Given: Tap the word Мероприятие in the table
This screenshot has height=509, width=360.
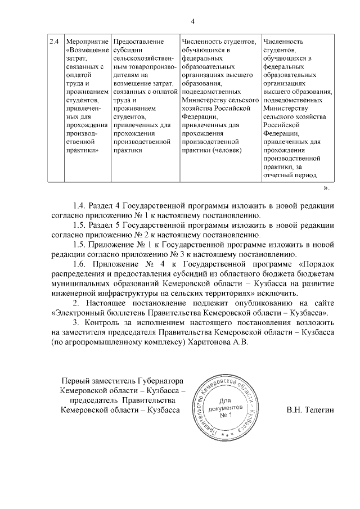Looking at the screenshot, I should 87,42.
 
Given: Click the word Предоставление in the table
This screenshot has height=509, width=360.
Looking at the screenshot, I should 138,42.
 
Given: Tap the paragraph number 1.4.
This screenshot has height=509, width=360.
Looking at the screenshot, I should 81,205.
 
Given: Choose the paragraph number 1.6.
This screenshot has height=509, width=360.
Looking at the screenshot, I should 81,263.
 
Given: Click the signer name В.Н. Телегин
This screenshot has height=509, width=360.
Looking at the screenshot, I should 310,411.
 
